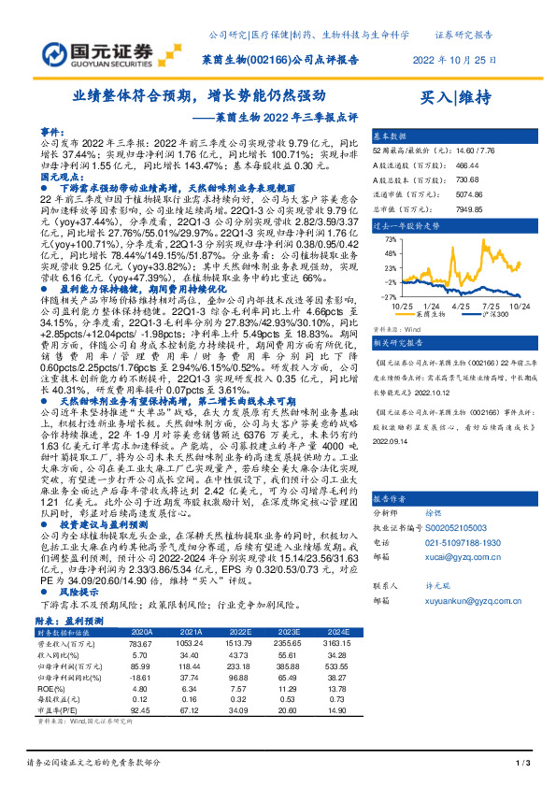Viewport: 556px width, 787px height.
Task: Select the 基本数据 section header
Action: (392, 136)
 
